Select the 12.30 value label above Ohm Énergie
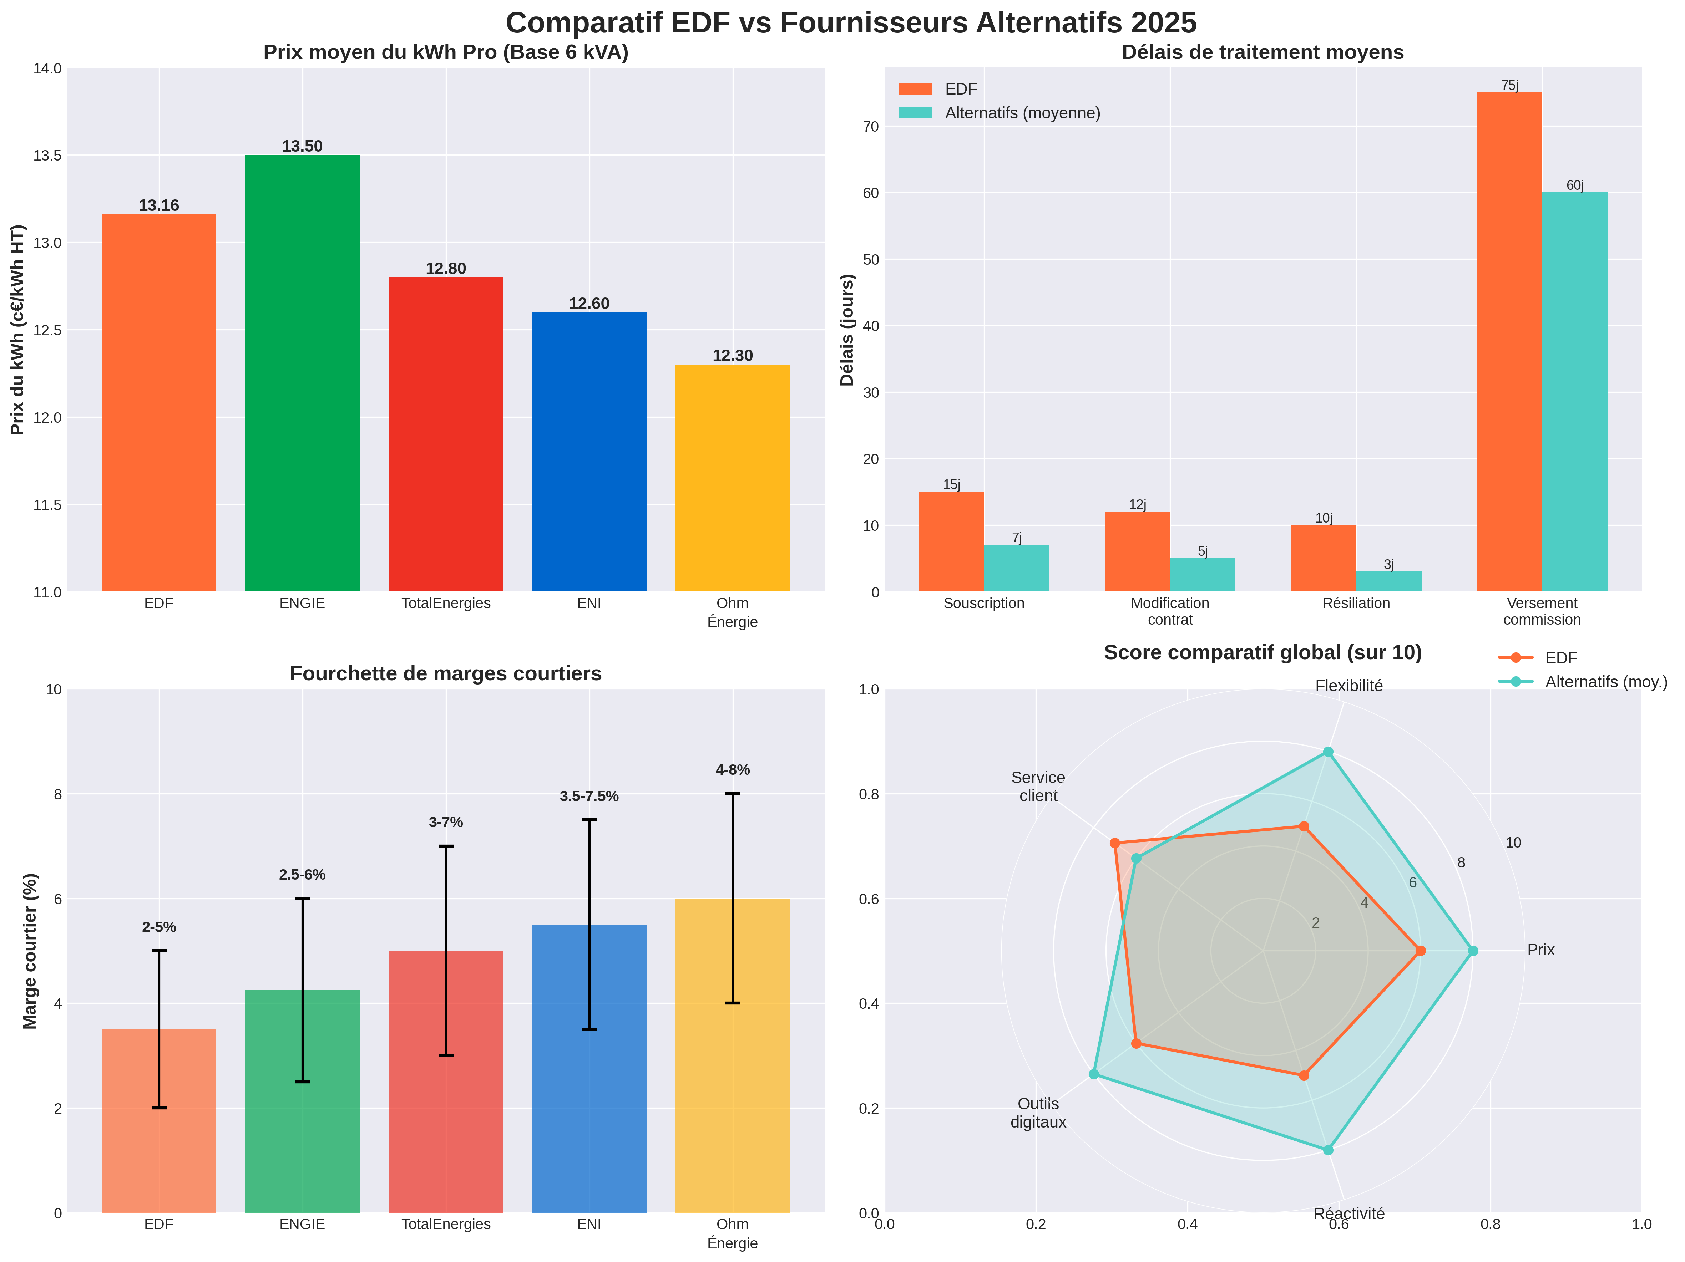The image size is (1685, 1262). point(732,356)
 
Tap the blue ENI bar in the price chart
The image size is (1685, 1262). point(589,452)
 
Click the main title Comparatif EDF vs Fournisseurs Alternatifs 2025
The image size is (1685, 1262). point(851,23)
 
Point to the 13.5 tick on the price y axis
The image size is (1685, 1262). point(47,156)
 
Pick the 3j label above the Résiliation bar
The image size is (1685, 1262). point(1389,564)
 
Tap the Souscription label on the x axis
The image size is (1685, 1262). point(983,603)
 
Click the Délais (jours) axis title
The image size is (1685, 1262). point(847,330)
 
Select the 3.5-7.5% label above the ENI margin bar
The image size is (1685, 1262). point(589,796)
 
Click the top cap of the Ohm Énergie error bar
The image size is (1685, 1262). point(732,794)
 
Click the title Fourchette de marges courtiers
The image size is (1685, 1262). point(446,673)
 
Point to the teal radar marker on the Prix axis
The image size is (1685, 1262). point(1472,951)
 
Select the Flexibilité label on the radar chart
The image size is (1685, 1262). point(1348,686)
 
